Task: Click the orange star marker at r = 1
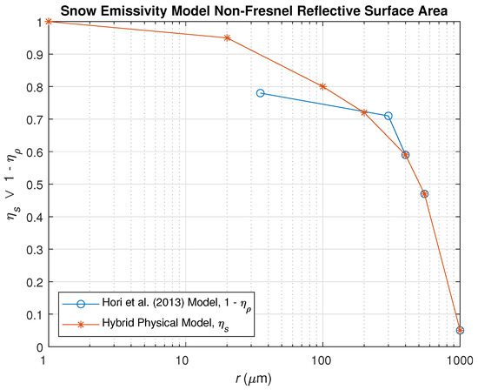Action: [x=49, y=21]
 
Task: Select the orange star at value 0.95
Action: [x=228, y=37]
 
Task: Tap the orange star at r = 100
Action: [x=323, y=86]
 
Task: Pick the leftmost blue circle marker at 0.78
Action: [x=261, y=93]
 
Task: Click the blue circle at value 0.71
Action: [x=388, y=116]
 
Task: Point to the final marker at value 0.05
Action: [x=460, y=331]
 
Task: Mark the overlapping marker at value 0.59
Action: [x=406, y=155]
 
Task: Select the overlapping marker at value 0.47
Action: [x=425, y=194]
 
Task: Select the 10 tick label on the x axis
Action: [x=183, y=360]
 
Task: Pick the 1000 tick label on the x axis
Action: [x=459, y=360]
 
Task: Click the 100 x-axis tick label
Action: [x=322, y=360]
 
